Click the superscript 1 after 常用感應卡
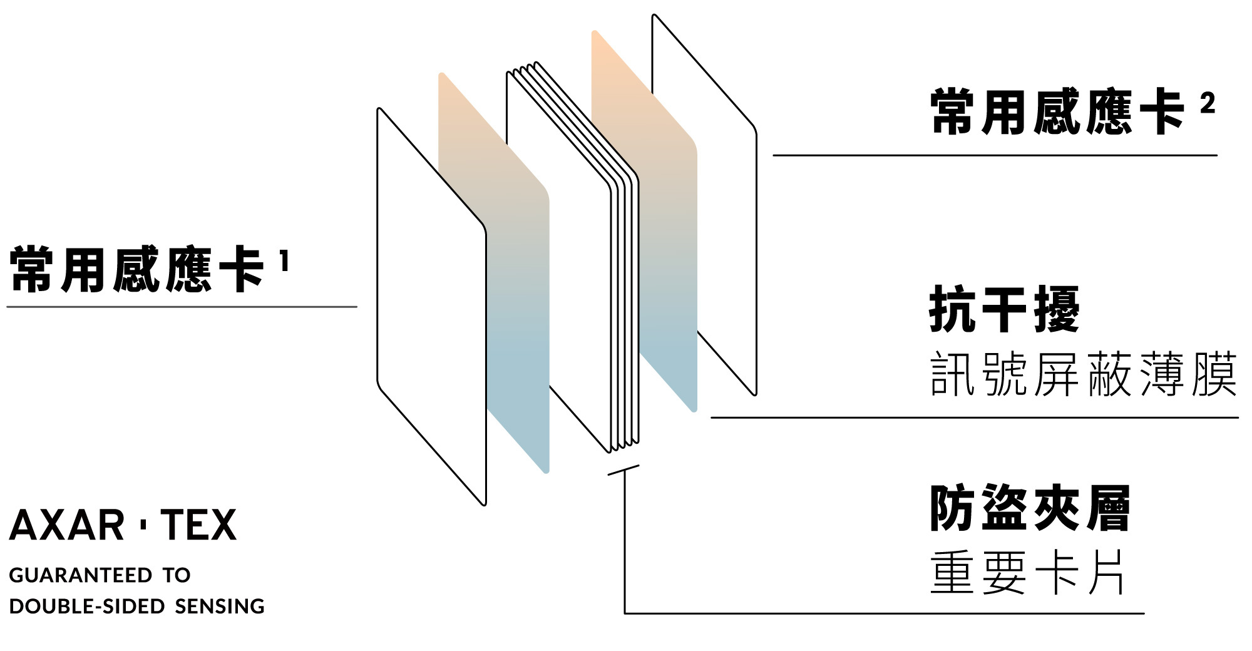(x=284, y=261)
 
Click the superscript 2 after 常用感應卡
(x=1208, y=103)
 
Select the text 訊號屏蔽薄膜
(x=1083, y=374)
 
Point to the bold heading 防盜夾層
(x=1030, y=508)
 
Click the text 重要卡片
(x=1027, y=572)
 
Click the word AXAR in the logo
(x=67, y=525)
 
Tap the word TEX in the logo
(x=199, y=525)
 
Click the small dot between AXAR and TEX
(x=143, y=525)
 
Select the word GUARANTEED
(x=81, y=575)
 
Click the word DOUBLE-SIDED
(x=87, y=607)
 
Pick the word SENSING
(x=220, y=607)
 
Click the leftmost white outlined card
(x=431, y=307)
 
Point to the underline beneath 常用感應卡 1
(x=182, y=307)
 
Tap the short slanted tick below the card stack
(x=623, y=469)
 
